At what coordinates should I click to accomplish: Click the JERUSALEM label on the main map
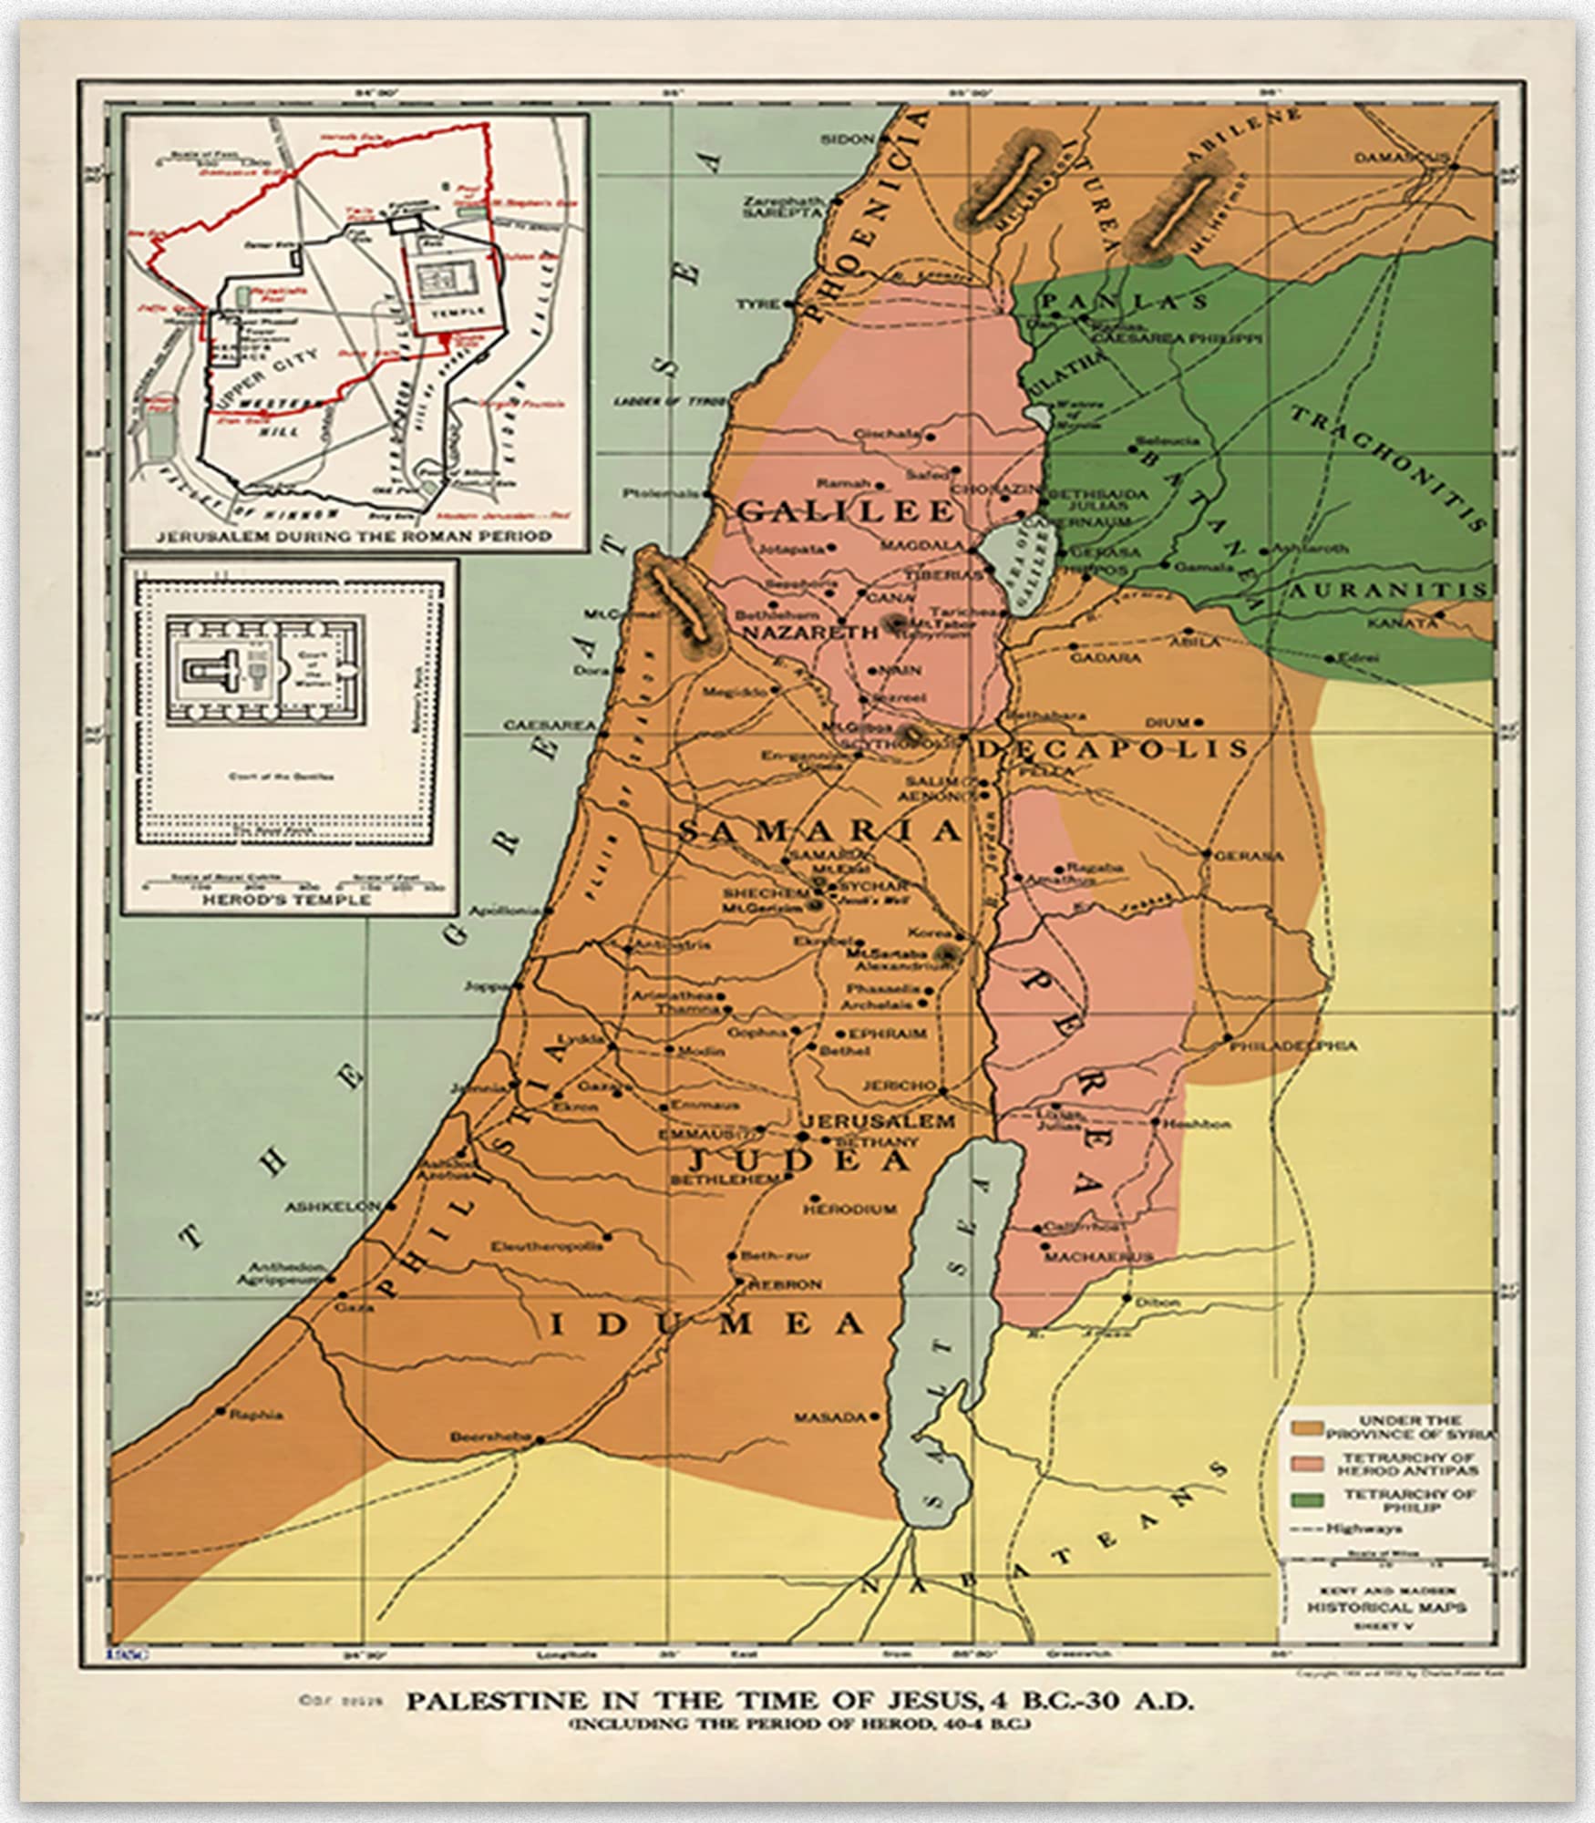click(878, 1120)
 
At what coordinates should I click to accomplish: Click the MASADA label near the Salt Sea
click(828, 1417)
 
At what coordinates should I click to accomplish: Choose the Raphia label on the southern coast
click(256, 1415)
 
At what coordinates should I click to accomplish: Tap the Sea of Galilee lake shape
click(1019, 569)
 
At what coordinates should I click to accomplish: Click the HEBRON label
click(785, 1284)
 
